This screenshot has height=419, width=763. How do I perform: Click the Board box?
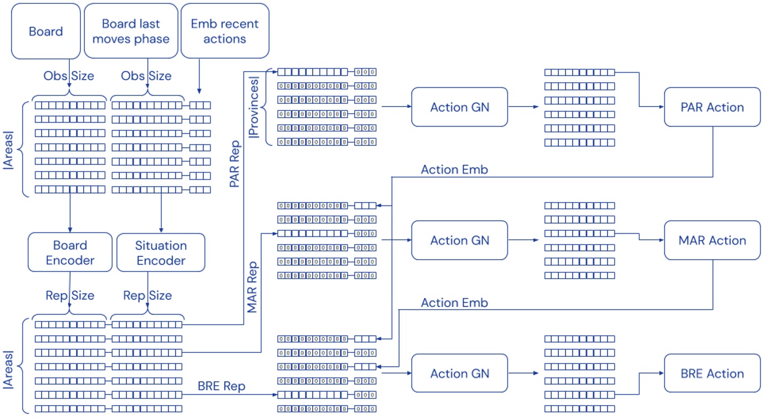point(46,31)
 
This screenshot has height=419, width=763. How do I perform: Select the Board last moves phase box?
point(131,31)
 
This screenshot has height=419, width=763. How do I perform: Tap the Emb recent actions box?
point(225,31)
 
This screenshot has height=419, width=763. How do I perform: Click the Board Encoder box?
point(70,253)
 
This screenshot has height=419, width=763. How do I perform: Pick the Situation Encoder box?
point(161,253)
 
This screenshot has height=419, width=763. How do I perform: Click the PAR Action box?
point(712,107)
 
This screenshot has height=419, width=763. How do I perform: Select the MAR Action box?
point(712,240)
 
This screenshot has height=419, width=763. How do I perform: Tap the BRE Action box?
point(712,373)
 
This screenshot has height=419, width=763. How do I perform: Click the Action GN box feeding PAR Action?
point(460,107)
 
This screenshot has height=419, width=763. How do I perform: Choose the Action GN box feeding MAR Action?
point(460,240)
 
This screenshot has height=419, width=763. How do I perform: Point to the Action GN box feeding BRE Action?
point(460,373)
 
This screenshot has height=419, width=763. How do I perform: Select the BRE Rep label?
point(221,386)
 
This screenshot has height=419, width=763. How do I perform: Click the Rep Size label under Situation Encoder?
point(147,295)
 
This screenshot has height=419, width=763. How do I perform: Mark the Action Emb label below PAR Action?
point(454,170)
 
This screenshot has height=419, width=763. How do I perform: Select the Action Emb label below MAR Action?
point(454,303)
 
